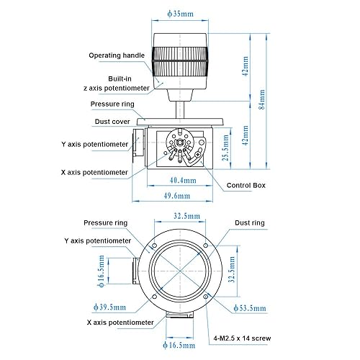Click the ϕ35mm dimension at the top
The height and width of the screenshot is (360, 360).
point(180,14)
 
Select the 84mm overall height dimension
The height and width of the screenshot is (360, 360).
point(262,99)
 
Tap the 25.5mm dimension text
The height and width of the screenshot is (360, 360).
point(226,148)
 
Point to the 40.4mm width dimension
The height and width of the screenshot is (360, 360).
point(183,180)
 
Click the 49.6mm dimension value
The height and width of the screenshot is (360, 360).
point(177,196)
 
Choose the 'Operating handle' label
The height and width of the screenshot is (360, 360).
point(117,55)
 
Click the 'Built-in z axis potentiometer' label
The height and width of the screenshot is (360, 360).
point(117,84)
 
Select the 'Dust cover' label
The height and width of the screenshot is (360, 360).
point(112,122)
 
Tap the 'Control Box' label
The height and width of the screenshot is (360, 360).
point(246,185)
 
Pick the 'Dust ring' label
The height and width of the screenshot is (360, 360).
point(250,222)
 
